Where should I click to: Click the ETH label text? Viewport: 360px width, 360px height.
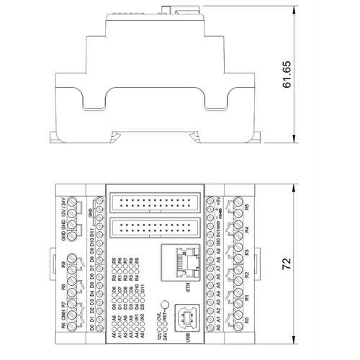(x=189, y=284)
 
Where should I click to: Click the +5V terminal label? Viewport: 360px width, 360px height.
(x=218, y=212)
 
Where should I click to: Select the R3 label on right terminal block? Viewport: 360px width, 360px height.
(x=247, y=253)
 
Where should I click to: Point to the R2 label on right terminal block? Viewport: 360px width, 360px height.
(x=247, y=275)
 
